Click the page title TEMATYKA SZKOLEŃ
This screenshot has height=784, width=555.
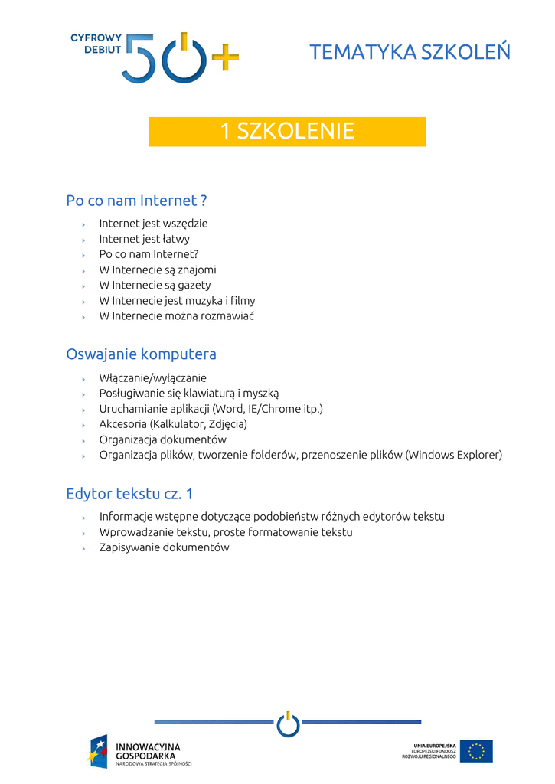tap(410, 52)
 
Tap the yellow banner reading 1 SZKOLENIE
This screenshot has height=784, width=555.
tap(287, 131)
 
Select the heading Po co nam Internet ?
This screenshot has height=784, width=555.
tap(136, 201)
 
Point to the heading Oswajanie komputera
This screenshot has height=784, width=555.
tap(141, 354)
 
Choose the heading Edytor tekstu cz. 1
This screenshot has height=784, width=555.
tap(129, 494)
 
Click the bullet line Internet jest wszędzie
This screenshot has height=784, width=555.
tap(153, 224)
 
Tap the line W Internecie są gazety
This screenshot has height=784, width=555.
tap(155, 285)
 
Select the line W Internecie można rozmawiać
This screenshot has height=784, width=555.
tap(176, 315)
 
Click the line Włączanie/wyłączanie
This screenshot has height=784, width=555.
tap(152, 378)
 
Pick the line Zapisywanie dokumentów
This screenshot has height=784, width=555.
tap(164, 547)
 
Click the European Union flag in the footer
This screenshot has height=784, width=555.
tap(476, 751)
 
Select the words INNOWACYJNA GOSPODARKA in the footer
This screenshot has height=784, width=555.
tap(148, 750)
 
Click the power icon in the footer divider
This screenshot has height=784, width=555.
tap(288, 724)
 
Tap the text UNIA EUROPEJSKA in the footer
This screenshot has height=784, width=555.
tap(435, 744)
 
